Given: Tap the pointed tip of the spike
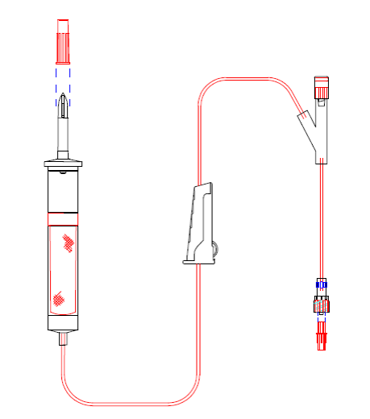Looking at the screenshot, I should (x=64, y=99).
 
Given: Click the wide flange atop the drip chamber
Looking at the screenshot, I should (x=64, y=164).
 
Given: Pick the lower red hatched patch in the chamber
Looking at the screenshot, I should (x=58, y=299).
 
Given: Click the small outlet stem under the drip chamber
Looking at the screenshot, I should (x=64, y=339).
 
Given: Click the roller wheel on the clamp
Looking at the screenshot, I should (x=214, y=249).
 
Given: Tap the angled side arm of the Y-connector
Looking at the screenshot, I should (x=306, y=125).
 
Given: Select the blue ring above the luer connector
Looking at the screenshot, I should (x=322, y=284).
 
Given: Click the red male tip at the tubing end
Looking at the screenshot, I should (x=322, y=339).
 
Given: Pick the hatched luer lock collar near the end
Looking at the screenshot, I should (x=322, y=305).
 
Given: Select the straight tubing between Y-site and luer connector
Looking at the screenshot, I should (x=322, y=218).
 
